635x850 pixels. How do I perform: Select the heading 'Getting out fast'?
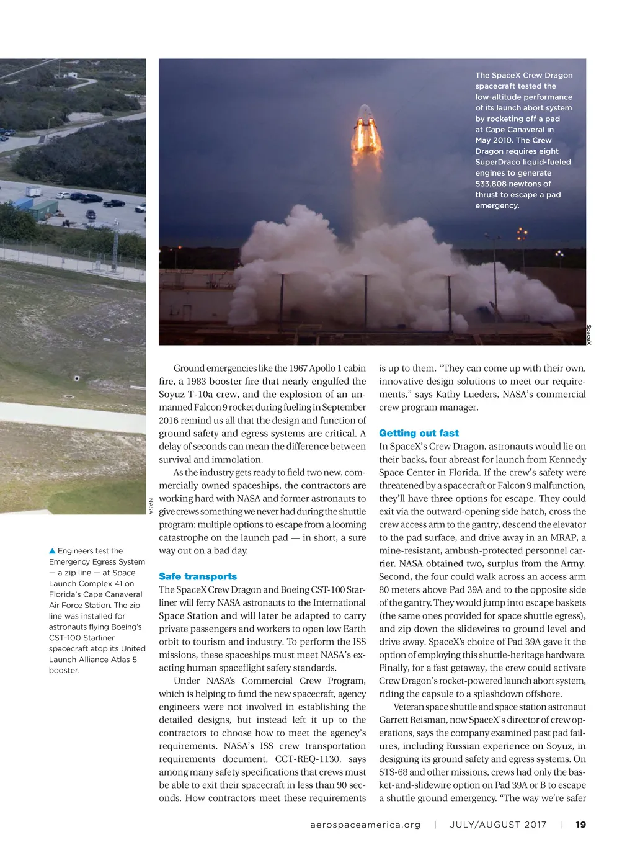tap(419, 433)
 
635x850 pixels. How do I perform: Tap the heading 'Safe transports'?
tap(198, 576)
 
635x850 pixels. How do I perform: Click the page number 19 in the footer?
tap(580, 825)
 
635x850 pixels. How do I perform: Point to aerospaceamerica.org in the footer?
tap(365, 825)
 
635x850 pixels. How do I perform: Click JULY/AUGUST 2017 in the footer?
tap(498, 825)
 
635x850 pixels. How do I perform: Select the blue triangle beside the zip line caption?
tap(52, 551)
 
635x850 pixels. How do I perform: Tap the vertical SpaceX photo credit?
tap(588, 335)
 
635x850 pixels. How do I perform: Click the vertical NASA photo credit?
tap(150, 506)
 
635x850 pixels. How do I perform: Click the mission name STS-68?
tap(393, 772)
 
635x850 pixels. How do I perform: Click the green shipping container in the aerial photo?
tap(43, 209)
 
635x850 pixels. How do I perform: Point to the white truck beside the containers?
tap(33, 192)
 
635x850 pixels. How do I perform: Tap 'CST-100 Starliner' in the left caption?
tap(82, 638)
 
